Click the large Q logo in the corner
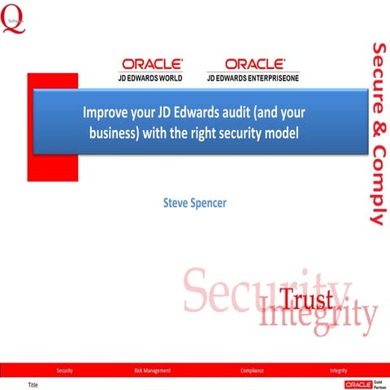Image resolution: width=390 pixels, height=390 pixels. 12,19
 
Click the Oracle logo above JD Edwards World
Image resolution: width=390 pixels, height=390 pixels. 152,63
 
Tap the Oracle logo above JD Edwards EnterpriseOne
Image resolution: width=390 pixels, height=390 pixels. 254,63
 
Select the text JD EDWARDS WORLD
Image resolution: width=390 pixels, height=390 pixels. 152,78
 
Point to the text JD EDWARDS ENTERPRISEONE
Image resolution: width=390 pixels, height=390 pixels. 254,78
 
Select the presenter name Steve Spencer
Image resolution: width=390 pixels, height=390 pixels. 195,202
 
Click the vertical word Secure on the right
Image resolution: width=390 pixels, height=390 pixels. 377,68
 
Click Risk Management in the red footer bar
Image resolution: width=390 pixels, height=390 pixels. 152,370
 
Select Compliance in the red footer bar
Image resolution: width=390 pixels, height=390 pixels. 252,370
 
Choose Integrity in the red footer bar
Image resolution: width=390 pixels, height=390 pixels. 339,370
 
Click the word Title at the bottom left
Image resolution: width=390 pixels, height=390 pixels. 33,383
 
